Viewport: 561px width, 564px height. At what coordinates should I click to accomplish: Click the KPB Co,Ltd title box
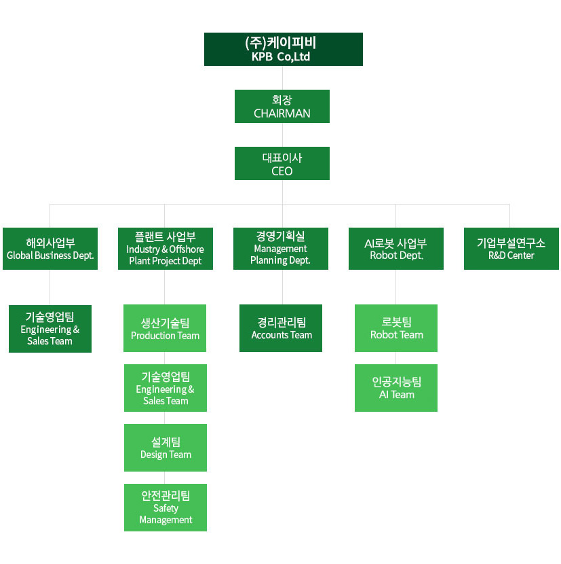(x=283, y=49)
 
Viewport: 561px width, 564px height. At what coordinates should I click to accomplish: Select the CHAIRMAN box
(x=282, y=106)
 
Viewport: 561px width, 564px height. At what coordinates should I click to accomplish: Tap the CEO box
(x=282, y=163)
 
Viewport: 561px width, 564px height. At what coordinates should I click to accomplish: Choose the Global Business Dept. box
(x=50, y=249)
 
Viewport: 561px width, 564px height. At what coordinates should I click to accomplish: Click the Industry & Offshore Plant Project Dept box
(x=166, y=249)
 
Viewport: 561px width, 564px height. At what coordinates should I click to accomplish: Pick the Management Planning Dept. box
(x=281, y=249)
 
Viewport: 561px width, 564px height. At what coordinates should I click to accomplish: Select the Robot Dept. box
(x=396, y=249)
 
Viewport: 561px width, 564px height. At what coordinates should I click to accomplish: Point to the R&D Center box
(x=511, y=249)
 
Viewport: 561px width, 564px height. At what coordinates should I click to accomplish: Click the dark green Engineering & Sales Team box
(x=50, y=329)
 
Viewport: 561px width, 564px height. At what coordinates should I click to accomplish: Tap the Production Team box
(x=165, y=328)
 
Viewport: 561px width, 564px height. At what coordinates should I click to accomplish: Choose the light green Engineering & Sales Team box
(x=166, y=388)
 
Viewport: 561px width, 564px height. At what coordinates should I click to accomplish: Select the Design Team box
(x=166, y=448)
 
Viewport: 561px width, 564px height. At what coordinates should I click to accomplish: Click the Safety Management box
(x=166, y=508)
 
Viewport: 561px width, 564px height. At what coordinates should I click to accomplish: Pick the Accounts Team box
(x=281, y=328)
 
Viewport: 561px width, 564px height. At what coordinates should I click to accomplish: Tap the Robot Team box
(x=396, y=328)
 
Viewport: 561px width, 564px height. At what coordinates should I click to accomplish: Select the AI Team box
(x=396, y=388)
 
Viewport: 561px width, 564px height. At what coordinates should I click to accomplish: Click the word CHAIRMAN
(x=282, y=113)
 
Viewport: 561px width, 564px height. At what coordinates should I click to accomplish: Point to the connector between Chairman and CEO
(x=282, y=135)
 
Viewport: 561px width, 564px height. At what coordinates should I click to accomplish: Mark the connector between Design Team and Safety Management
(x=166, y=478)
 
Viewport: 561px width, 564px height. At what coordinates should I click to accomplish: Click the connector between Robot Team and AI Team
(x=396, y=358)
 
